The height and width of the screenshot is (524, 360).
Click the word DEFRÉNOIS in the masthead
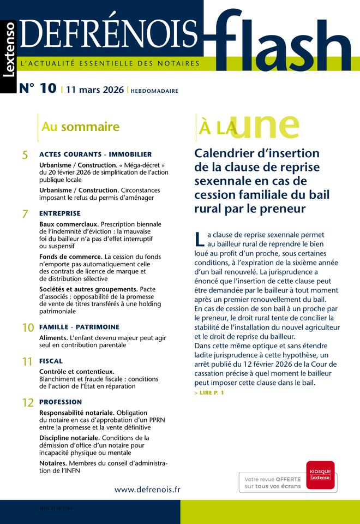pyautogui.click(x=109, y=34)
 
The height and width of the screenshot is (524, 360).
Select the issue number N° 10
pyautogui.click(x=38, y=88)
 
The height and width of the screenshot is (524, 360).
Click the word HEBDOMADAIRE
pyautogui.click(x=154, y=91)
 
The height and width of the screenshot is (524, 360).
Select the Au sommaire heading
pyautogui.click(x=80, y=127)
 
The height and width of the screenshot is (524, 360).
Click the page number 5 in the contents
pyautogui.click(x=25, y=156)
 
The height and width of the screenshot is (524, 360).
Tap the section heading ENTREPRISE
pyautogui.click(x=59, y=213)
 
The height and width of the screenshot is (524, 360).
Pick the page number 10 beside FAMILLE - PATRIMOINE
pyautogui.click(x=27, y=328)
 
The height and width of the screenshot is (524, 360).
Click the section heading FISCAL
pyautogui.click(x=51, y=361)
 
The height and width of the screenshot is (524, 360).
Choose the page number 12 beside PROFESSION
pyautogui.click(x=27, y=403)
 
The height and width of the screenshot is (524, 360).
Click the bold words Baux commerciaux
pyautogui.click(x=69, y=224)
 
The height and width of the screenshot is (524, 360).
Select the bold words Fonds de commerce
pyautogui.click(x=71, y=257)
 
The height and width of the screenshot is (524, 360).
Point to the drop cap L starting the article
pyautogui.click(x=199, y=239)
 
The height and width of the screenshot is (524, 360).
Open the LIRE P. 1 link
pyautogui.click(x=209, y=393)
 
